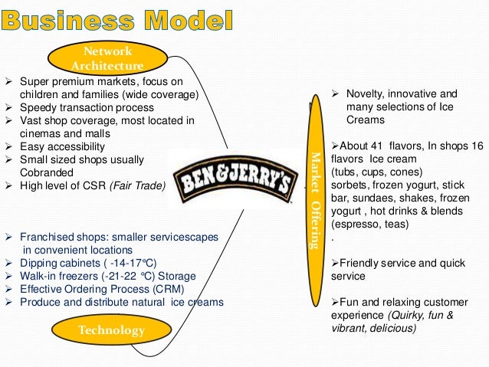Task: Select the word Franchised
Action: [x=48, y=237]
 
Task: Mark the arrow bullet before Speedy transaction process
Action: [x=8, y=107]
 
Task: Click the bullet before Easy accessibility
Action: [x=8, y=146]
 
